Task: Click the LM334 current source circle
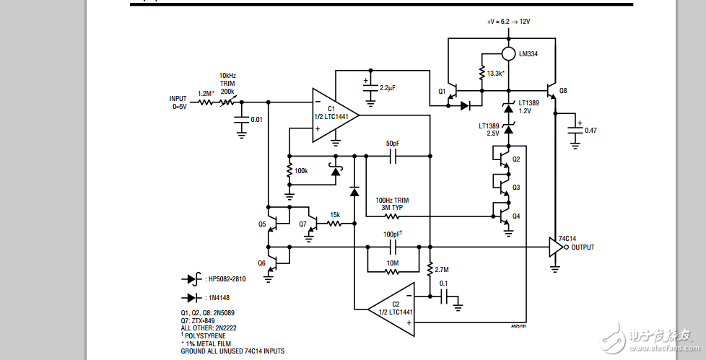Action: pos(509,53)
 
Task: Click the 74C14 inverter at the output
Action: pos(555,247)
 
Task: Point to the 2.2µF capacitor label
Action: pos(388,87)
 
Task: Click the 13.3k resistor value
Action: pos(495,74)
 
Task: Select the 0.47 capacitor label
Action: pos(590,130)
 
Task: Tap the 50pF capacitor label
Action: pos(393,144)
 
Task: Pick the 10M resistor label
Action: pos(391,263)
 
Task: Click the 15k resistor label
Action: pos(335,214)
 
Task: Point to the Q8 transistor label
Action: pos(563,90)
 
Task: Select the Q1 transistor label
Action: pos(443,91)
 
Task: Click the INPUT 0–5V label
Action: pos(178,102)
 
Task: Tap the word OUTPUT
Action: pos(584,247)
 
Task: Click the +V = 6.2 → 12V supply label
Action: pos(509,22)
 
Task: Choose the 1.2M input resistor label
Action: pos(205,93)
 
